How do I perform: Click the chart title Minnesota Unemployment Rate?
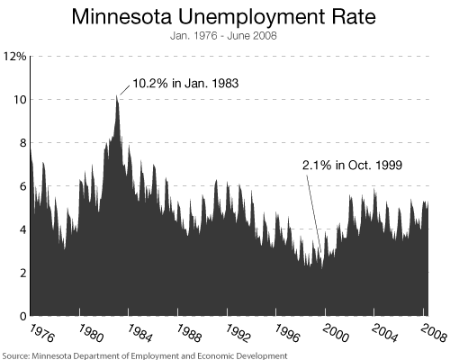coord(224,17)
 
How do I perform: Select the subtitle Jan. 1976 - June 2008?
coord(223,36)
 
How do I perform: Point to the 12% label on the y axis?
coord(14,57)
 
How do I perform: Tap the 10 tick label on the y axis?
coord(19,100)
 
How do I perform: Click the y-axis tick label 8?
coord(23,143)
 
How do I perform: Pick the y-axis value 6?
coord(23,186)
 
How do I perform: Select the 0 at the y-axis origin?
coord(23,316)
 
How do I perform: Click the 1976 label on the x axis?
coord(42,333)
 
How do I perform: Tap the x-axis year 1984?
coord(140,333)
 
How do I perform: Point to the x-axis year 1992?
coord(238,333)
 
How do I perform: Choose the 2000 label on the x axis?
coord(336,333)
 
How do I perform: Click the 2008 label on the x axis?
coord(434,333)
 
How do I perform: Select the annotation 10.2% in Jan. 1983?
coord(185,83)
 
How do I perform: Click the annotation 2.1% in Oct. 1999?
coord(352,166)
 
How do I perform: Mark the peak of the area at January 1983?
coord(117,95)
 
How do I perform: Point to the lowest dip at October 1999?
coord(322,268)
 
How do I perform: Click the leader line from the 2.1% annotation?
coord(314,213)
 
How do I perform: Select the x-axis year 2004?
coord(384,333)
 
